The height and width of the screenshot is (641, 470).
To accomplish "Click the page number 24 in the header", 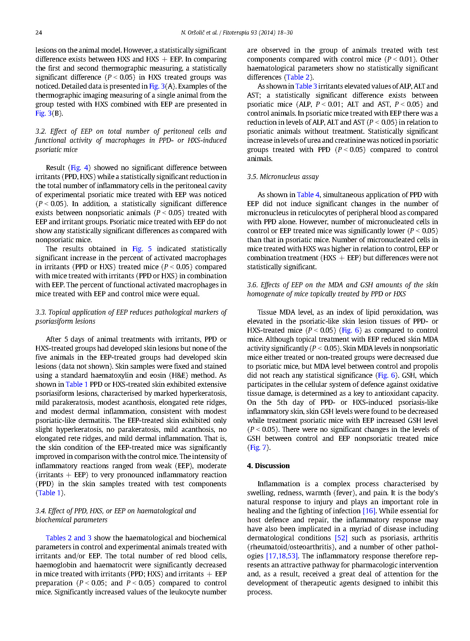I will [x=39, y=33].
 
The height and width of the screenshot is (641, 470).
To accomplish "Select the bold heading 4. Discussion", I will [x=268, y=466].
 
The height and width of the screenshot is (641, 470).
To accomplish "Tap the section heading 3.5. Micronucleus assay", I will [x=283, y=177].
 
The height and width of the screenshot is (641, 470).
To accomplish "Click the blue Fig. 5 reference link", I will [x=142, y=249].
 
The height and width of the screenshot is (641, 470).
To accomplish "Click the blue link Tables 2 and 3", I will [x=69, y=538].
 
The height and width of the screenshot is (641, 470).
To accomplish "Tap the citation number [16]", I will [x=369, y=511].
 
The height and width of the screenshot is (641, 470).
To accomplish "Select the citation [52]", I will [x=341, y=538].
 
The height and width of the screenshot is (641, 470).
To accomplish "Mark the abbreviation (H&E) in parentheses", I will [x=178, y=375].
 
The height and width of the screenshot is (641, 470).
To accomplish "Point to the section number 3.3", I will [x=40, y=312].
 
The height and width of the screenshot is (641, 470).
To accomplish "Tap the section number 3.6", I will [x=252, y=285].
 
